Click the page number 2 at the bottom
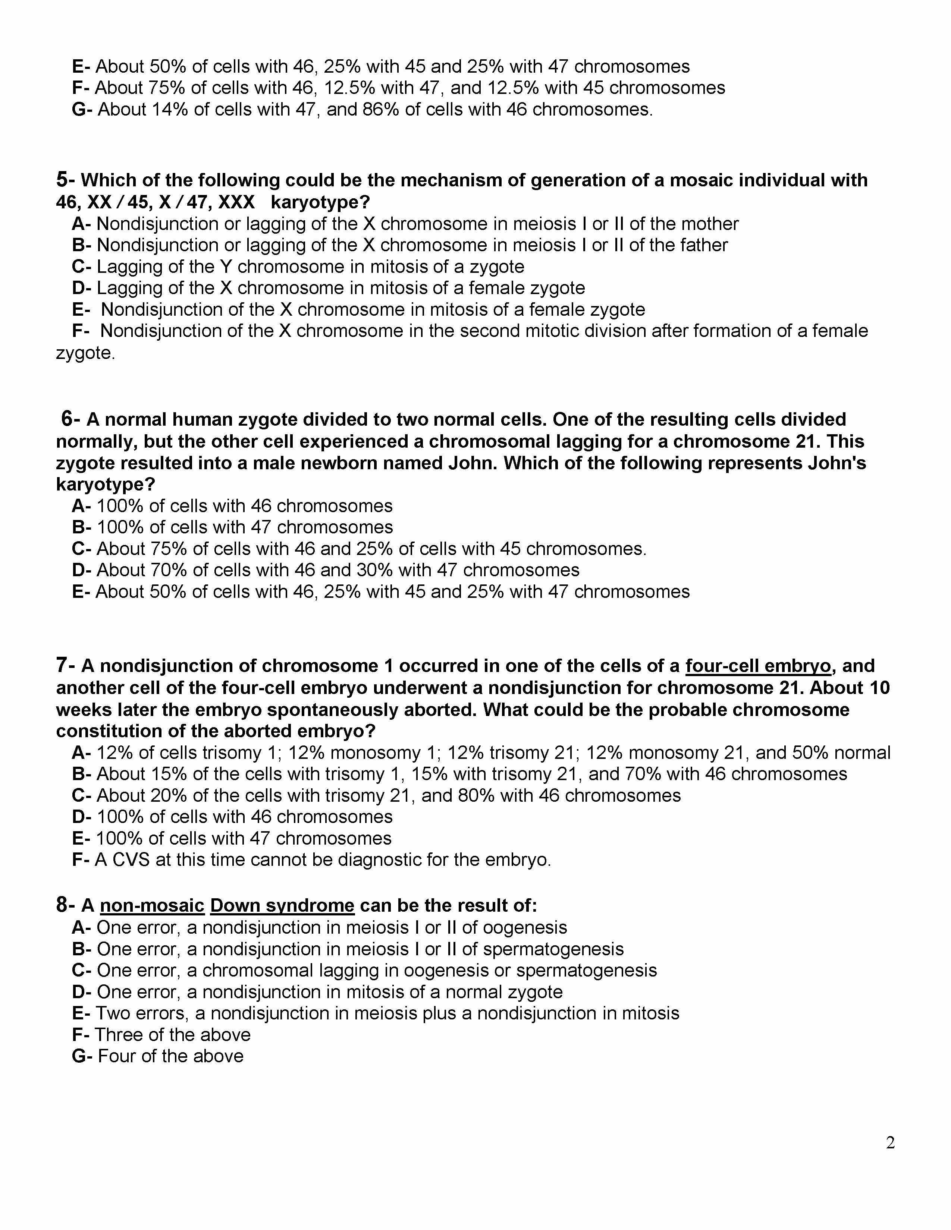click(890, 1143)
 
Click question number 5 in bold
click(62, 180)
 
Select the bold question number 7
click(62, 666)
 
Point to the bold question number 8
click(62, 905)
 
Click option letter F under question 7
click(78, 860)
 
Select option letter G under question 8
click(79, 1056)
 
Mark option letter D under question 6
click(78, 570)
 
